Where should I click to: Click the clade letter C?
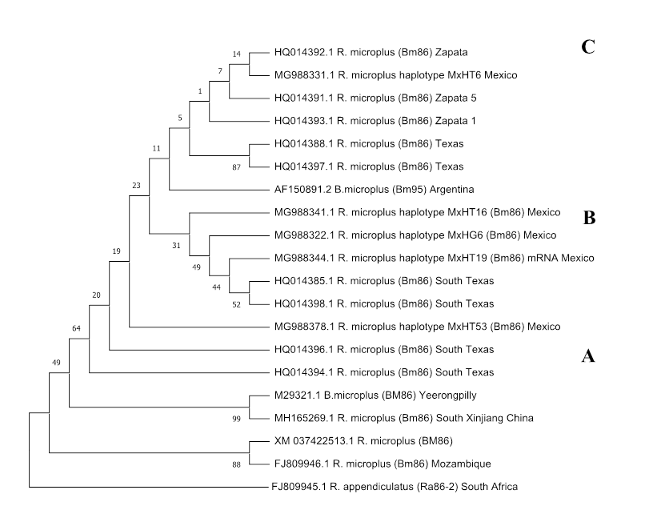(x=588, y=47)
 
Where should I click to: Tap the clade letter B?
(x=589, y=217)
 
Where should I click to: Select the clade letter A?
(x=587, y=357)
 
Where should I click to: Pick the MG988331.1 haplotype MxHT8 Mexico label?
(x=395, y=75)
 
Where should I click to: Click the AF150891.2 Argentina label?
(x=374, y=190)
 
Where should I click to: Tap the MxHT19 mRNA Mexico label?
(x=434, y=258)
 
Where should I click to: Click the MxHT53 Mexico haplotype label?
(x=416, y=327)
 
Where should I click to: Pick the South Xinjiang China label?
(x=399, y=418)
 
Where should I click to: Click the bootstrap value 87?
(x=236, y=167)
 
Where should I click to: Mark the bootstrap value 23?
(x=136, y=185)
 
